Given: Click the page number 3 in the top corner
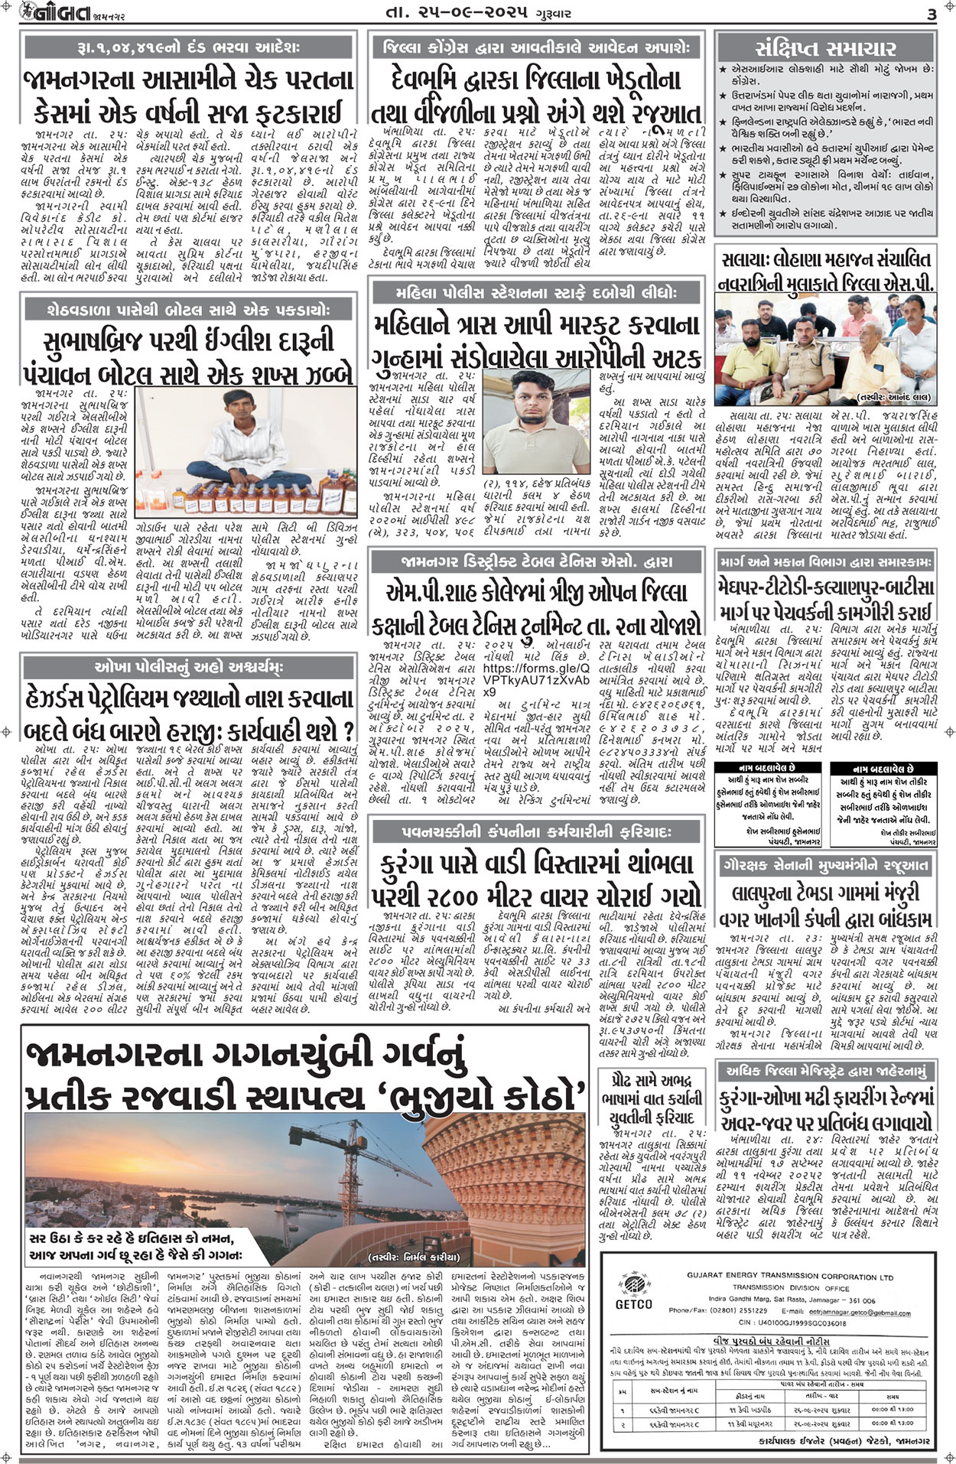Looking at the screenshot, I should (x=932, y=15).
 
